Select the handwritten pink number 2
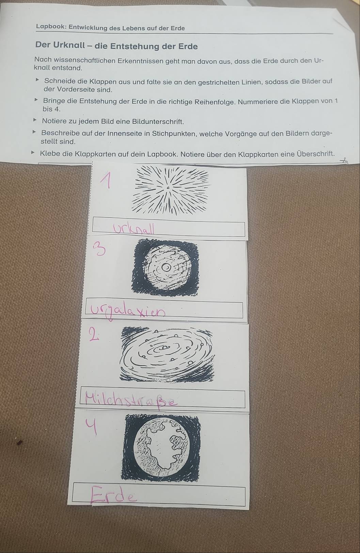(94, 334)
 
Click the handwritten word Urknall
(134, 228)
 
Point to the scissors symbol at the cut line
(344, 161)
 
